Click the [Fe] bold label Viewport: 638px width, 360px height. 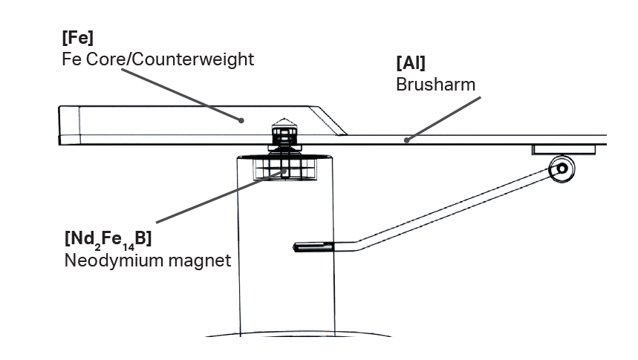pyautogui.click(x=78, y=38)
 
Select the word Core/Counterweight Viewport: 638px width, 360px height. pyautogui.click(x=170, y=59)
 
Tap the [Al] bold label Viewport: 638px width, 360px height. pyautogui.click(x=411, y=63)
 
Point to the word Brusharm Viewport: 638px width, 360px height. pyautogui.click(x=435, y=85)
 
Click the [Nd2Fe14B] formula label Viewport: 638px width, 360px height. pyautogui.click(x=108, y=239)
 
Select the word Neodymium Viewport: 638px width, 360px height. pyautogui.click(x=114, y=261)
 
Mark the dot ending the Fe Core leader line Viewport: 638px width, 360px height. pyautogui.click(x=241, y=120)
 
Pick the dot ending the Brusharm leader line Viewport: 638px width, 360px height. pyautogui.click(x=406, y=140)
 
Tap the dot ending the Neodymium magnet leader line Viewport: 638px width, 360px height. pyautogui.click(x=284, y=171)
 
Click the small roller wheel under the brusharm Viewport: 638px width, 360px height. pyautogui.click(x=562, y=168)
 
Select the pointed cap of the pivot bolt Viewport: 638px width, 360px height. pyautogui.click(x=284, y=122)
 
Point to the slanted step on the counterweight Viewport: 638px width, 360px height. pyautogui.click(x=328, y=121)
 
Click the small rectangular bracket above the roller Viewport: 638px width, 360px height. pyautogui.click(x=564, y=150)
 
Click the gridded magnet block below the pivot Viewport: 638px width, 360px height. pyautogui.click(x=284, y=169)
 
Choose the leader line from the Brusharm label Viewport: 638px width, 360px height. pyautogui.click(x=443, y=119)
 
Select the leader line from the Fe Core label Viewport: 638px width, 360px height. pyautogui.click(x=181, y=95)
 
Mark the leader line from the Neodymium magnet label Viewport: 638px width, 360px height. pyautogui.click(x=220, y=197)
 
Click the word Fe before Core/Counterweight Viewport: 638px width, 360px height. pyautogui.click(x=71, y=59)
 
